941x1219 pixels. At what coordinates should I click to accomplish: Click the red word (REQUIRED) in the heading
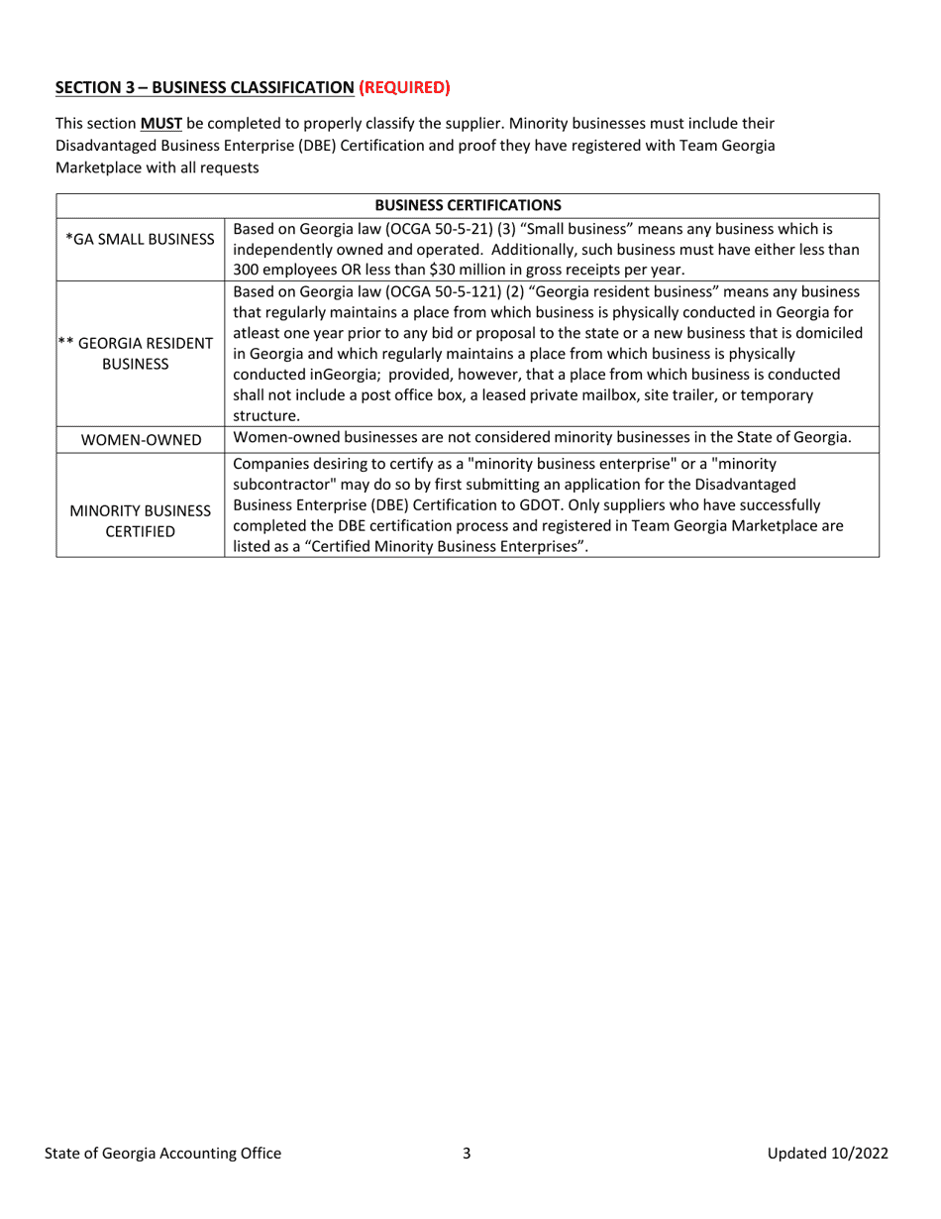click(404, 87)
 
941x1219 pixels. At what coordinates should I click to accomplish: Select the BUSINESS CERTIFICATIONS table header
click(468, 205)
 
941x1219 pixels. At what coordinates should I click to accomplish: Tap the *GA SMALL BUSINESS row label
click(140, 239)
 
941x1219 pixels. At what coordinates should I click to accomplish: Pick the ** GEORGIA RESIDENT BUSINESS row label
click(140, 354)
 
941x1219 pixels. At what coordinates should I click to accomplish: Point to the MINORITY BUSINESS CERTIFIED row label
click(140, 521)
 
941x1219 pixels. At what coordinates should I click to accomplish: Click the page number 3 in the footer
click(467, 1153)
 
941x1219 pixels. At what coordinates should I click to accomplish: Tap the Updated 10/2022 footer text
click(827, 1153)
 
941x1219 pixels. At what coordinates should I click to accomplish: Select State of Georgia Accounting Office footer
click(162, 1153)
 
